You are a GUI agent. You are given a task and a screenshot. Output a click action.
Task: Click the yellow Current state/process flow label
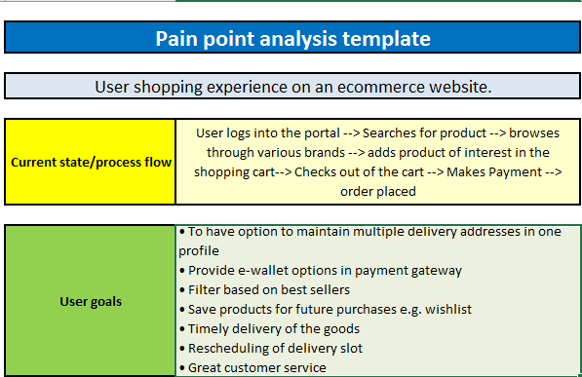click(x=91, y=162)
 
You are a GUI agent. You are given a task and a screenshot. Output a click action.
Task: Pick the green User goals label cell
click(x=91, y=301)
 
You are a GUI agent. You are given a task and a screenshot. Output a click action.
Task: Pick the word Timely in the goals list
click(x=210, y=328)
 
